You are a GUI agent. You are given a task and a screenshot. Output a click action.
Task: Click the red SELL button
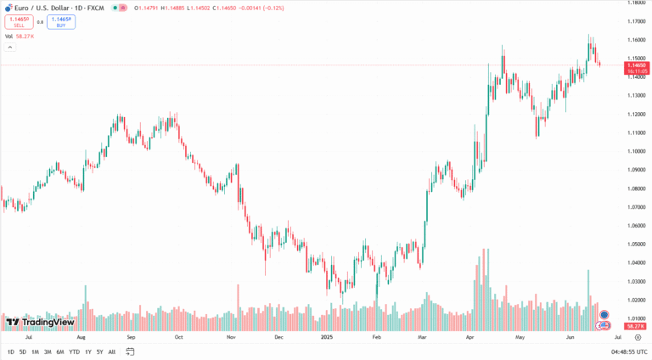(19, 22)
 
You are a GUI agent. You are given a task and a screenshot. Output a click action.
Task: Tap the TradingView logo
(40, 322)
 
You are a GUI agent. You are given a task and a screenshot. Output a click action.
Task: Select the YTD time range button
(74, 352)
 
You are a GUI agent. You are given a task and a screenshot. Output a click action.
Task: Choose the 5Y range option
(99, 352)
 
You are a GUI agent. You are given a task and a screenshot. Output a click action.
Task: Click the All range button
(112, 352)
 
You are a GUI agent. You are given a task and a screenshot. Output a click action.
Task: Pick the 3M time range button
(48, 352)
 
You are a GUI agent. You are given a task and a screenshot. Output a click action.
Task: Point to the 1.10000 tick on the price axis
(636, 151)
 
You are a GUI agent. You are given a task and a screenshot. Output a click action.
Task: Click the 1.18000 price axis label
(636, 3)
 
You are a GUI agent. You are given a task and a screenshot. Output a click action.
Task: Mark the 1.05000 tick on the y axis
(636, 245)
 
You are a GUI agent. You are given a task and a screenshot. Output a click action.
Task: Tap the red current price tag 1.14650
(636, 65)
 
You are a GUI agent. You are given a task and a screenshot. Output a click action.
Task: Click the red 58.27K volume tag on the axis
(635, 326)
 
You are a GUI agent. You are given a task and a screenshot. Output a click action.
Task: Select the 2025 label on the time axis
(327, 337)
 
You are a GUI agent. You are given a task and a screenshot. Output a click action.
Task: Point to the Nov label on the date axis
(230, 337)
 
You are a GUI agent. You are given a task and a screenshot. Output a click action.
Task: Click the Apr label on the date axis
(470, 337)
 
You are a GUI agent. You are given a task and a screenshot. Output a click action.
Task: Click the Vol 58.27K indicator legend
(20, 37)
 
